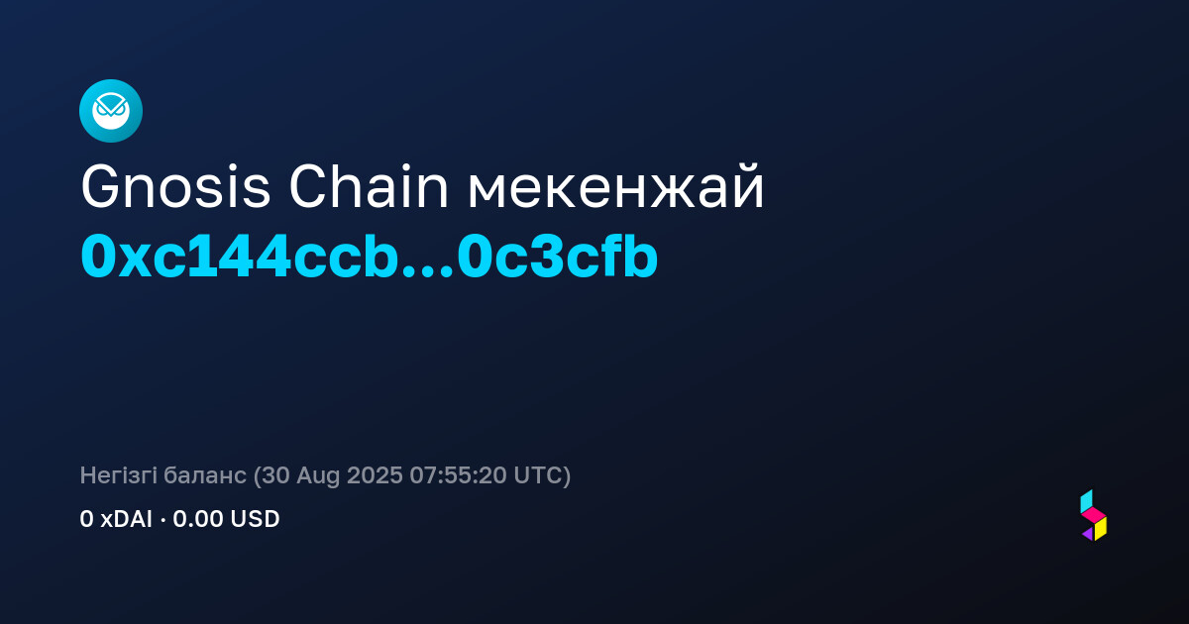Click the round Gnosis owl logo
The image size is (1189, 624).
coord(111,111)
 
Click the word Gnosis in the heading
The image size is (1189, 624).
coord(175,187)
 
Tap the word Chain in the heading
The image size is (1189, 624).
coord(369,186)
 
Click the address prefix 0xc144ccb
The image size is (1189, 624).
coord(240,257)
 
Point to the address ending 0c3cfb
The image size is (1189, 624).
coord(557,257)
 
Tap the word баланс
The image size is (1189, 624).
coord(205,475)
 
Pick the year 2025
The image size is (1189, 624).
coord(375,475)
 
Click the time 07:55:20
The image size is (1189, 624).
coord(458,475)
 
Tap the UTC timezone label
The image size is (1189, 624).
coord(537,475)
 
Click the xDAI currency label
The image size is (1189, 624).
coord(127,519)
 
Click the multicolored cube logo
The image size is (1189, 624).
coord(1094,515)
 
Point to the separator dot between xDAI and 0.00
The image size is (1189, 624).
coord(162,521)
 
